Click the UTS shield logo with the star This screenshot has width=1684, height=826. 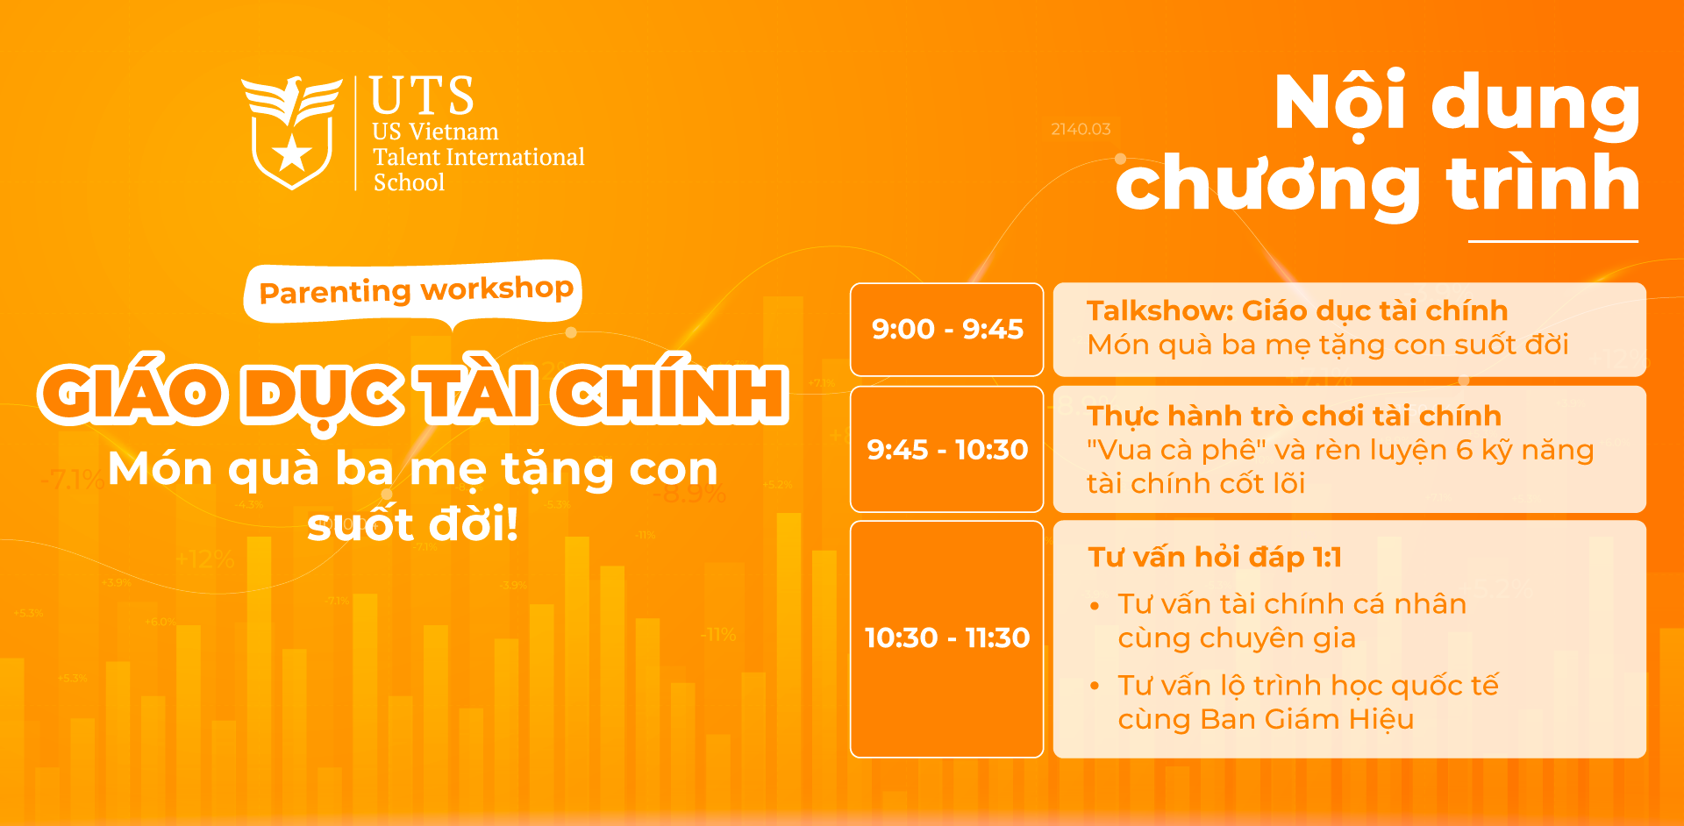pos(292,133)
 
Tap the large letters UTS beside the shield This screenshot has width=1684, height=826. pos(422,96)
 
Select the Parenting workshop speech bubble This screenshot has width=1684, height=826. pos(413,292)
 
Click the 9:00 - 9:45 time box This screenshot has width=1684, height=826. pos(946,330)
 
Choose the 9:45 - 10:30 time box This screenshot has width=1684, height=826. pos(946,449)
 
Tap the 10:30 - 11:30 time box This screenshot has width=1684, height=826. pos(946,638)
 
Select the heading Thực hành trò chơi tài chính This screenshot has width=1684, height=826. pos(1294,416)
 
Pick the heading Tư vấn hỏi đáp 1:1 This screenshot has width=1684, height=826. pos(1215,558)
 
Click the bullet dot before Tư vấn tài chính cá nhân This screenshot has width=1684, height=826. pos(1095,606)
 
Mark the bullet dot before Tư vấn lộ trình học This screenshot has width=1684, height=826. pos(1095,687)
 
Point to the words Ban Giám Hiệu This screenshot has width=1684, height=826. pos(1307,720)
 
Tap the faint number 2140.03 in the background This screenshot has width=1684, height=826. pos(1081,129)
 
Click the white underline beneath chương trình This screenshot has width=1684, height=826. pos(1553,240)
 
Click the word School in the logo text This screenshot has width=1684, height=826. pos(409,182)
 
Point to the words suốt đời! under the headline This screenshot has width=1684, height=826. pos(413,524)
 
